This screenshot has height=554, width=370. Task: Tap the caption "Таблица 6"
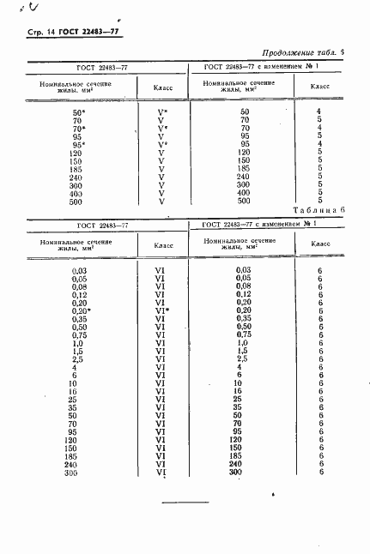tap(318, 210)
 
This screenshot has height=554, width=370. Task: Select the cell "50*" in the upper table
tap(79, 112)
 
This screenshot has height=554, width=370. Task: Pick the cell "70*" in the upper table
tap(79, 129)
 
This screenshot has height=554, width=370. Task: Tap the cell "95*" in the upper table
tap(79, 146)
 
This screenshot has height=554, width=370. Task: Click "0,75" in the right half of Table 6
tap(244, 335)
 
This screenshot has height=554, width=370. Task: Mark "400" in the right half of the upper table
tap(245, 194)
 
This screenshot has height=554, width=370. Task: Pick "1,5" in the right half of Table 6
tap(244, 352)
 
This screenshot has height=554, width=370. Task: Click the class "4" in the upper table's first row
tap(318, 112)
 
